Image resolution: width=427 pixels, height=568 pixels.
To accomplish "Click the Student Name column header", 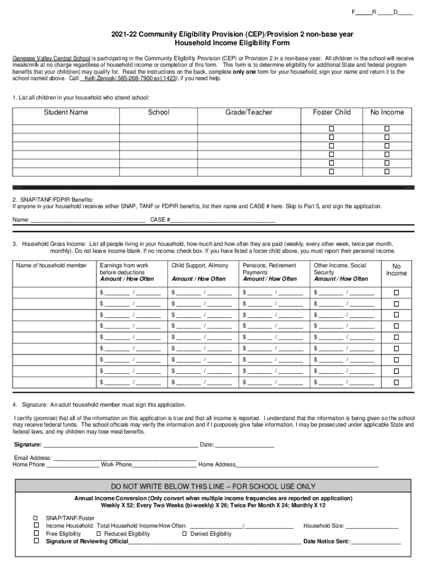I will click(x=66, y=113).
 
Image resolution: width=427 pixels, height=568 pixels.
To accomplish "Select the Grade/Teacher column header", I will click(x=248, y=113).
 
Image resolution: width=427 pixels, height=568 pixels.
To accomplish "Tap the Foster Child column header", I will click(x=332, y=113).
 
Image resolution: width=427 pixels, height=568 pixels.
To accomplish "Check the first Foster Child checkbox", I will click(x=332, y=128).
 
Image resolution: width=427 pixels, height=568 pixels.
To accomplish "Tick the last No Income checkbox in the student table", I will click(x=387, y=172).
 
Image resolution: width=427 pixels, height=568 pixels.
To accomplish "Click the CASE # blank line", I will click(x=222, y=220).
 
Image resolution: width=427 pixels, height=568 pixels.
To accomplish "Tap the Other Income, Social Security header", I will click(x=340, y=269).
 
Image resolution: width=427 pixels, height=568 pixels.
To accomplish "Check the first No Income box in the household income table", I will click(x=396, y=292).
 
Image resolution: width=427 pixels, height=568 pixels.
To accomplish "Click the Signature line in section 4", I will click(x=120, y=445).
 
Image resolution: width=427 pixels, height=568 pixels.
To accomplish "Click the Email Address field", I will click(x=124, y=458).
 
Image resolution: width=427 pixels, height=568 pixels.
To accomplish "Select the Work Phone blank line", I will click(x=165, y=465).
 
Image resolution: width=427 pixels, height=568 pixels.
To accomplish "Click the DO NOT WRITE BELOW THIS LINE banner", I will click(x=213, y=486).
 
